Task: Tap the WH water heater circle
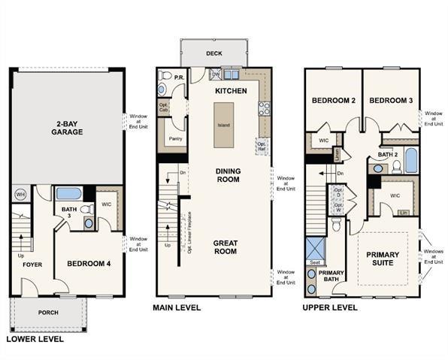[x=20, y=194]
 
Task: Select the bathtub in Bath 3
[x=68, y=193]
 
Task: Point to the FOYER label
[x=32, y=265]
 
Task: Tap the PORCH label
[x=48, y=312]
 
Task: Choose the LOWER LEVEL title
[x=35, y=339]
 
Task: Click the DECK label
[x=213, y=53]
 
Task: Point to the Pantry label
[x=176, y=139]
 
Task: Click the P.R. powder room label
[x=180, y=77]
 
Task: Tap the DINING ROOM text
[x=228, y=175]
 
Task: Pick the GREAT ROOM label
[x=225, y=247]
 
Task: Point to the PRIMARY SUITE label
[x=383, y=260]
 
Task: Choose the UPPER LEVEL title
[x=330, y=308]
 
